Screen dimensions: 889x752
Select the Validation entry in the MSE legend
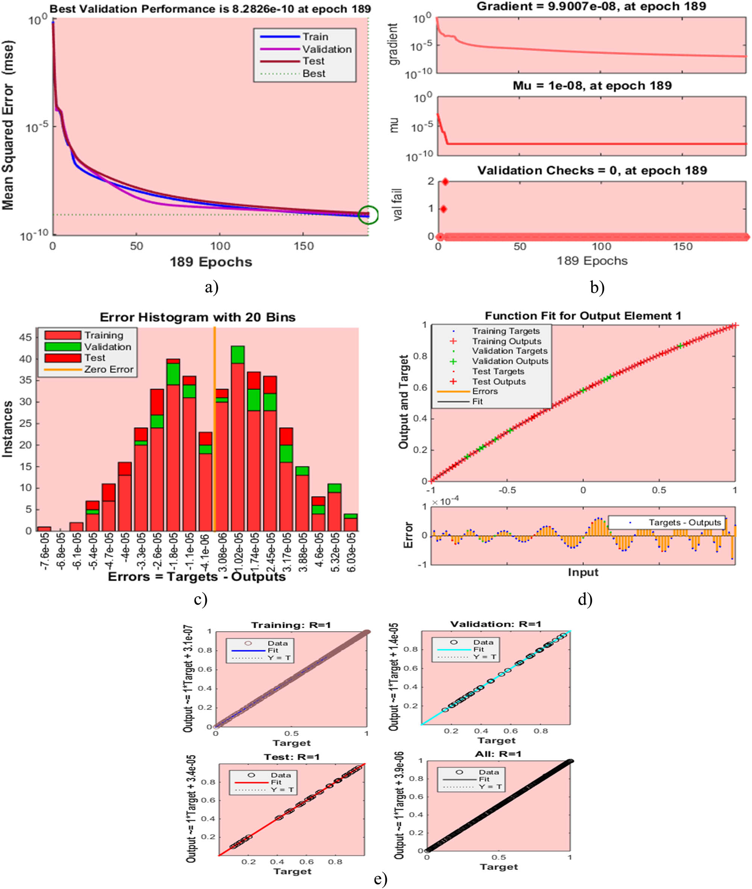tap(326, 49)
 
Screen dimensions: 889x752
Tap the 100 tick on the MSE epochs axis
tap(220, 246)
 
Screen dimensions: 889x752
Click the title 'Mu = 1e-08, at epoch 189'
tap(592, 86)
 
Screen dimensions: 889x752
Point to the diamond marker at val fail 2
tap(445, 182)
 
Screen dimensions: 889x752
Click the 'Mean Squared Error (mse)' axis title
tap(8, 126)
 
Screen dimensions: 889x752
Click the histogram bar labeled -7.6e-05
tap(44, 529)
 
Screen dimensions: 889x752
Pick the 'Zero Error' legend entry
tap(108, 370)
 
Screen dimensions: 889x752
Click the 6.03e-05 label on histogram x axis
tap(351, 552)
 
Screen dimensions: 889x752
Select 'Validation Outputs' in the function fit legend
tap(509, 361)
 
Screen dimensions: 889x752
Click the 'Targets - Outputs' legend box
tap(666, 522)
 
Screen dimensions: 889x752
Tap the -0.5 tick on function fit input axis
tap(507, 490)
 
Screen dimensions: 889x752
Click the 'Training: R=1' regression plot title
tap(291, 625)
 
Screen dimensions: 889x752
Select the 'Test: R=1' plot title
tap(292, 757)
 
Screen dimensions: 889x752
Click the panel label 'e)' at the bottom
tap(380, 879)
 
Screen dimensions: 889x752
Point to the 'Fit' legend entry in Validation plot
tap(478, 650)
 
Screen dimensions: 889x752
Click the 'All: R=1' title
tap(498, 754)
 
